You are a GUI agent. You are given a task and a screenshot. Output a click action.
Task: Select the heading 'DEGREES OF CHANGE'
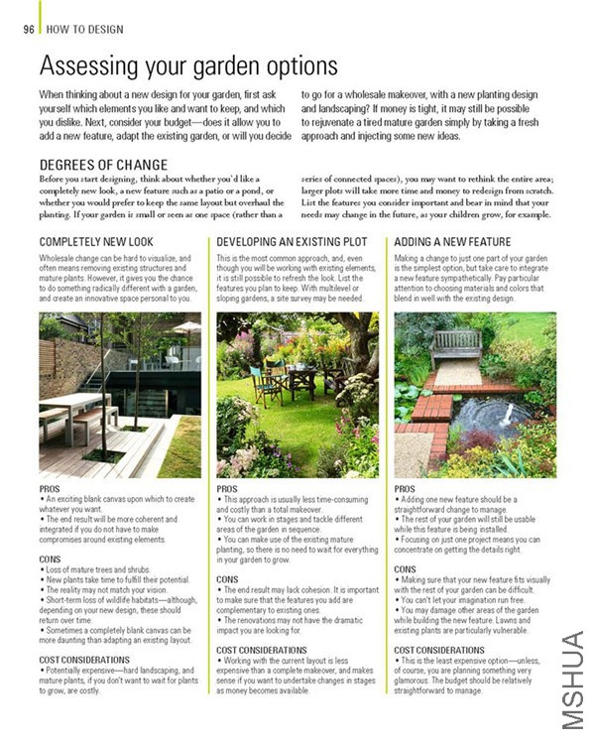pyautogui.click(x=103, y=165)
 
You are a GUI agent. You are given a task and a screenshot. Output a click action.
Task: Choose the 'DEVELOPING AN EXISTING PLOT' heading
pyautogui.click(x=292, y=242)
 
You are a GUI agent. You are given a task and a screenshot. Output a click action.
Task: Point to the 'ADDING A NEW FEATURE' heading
pyautogui.click(x=452, y=242)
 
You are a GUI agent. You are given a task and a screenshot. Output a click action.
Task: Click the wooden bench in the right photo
pyautogui.click(x=456, y=346)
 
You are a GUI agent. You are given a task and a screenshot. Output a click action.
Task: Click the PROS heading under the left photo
pyautogui.click(x=51, y=489)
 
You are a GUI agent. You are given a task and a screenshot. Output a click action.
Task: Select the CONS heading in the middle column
pyautogui.click(x=227, y=578)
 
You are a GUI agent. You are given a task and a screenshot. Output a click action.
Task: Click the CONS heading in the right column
pyautogui.click(x=405, y=569)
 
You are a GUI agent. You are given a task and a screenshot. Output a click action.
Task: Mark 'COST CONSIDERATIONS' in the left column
pyautogui.click(x=84, y=659)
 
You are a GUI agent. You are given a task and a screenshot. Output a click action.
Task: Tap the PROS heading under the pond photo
pyautogui.click(x=405, y=489)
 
